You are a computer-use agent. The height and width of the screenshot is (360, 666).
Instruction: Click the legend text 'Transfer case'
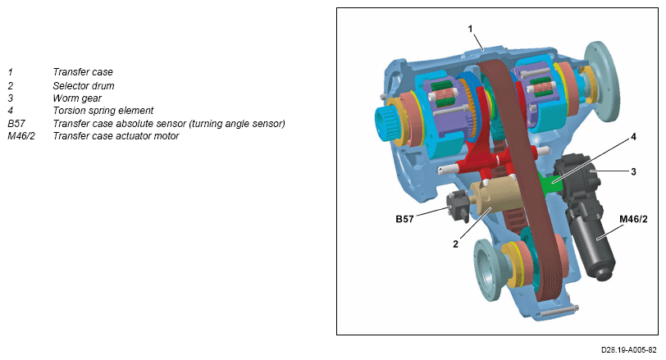point(83,72)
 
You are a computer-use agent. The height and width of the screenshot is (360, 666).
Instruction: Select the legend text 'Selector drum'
point(84,86)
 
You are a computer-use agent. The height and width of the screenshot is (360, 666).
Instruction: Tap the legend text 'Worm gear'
point(77,98)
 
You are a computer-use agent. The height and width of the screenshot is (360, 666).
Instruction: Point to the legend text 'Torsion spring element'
point(103,111)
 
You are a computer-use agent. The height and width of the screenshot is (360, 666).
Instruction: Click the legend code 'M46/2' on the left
point(21,136)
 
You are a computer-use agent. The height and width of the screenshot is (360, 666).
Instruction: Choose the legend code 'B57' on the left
point(16,124)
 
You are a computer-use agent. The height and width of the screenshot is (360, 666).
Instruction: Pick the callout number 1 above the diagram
point(470,29)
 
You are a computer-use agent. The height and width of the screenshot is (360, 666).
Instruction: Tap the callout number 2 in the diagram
point(456,244)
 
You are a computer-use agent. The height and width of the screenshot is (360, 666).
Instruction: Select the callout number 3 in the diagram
point(633,172)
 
